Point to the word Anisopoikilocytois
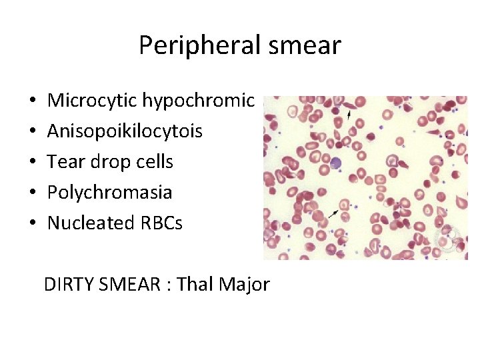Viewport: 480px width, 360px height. [125, 131]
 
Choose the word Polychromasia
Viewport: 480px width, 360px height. [109, 193]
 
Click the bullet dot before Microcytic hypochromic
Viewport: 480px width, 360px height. [32, 101]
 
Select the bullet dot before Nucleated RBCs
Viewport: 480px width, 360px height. [32, 223]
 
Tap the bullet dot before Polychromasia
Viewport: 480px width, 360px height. [32, 193]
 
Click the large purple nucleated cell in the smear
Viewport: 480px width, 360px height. [337, 163]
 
